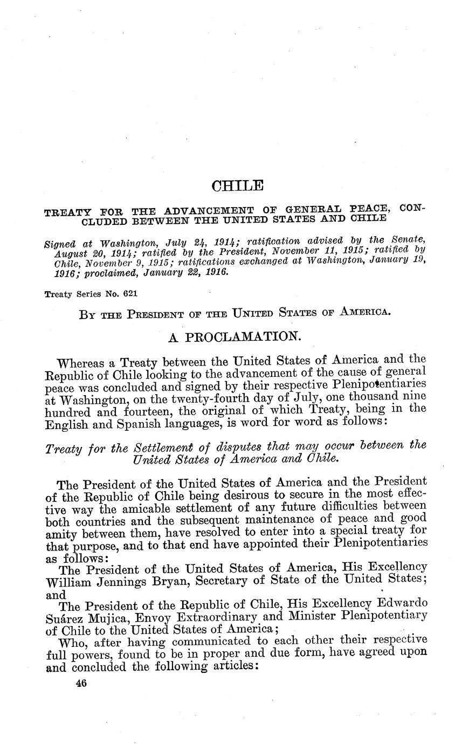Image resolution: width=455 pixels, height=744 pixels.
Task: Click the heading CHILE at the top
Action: tap(238, 187)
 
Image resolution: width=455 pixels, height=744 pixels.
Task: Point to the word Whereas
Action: tap(83, 361)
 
